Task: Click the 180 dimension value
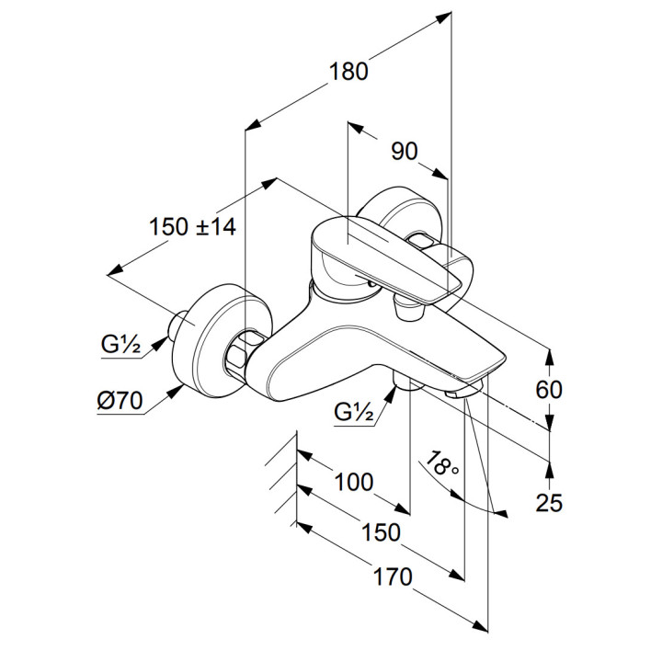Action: coord(349,71)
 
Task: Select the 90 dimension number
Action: coord(405,152)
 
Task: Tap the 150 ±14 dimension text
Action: coord(191,226)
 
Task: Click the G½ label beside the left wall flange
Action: coord(120,346)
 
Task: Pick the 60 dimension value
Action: coord(549,389)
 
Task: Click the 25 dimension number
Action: coord(549,502)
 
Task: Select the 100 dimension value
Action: coord(353,482)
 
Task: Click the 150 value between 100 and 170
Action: coord(380,531)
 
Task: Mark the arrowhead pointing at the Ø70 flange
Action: coord(174,394)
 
